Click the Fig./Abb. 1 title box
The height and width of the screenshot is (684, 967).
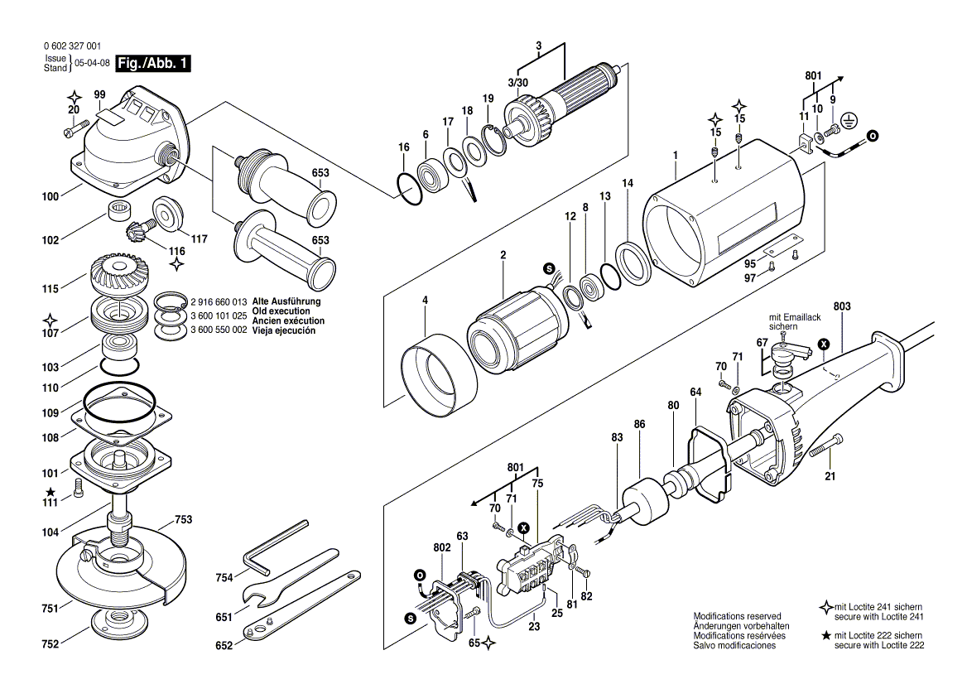click(153, 64)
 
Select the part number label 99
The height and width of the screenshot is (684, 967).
click(99, 96)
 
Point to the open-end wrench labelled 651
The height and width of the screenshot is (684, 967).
click(290, 580)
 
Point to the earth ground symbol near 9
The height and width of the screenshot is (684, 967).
click(846, 123)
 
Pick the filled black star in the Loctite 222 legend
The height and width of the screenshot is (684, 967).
click(825, 635)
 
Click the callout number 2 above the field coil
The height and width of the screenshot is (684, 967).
click(502, 255)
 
